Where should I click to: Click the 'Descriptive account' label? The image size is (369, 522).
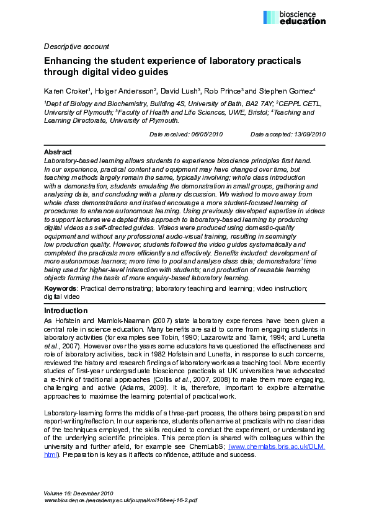(76, 46)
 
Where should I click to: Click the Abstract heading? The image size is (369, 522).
(58, 152)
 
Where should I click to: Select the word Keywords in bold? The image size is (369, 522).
(60, 288)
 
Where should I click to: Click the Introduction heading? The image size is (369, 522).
(66, 311)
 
